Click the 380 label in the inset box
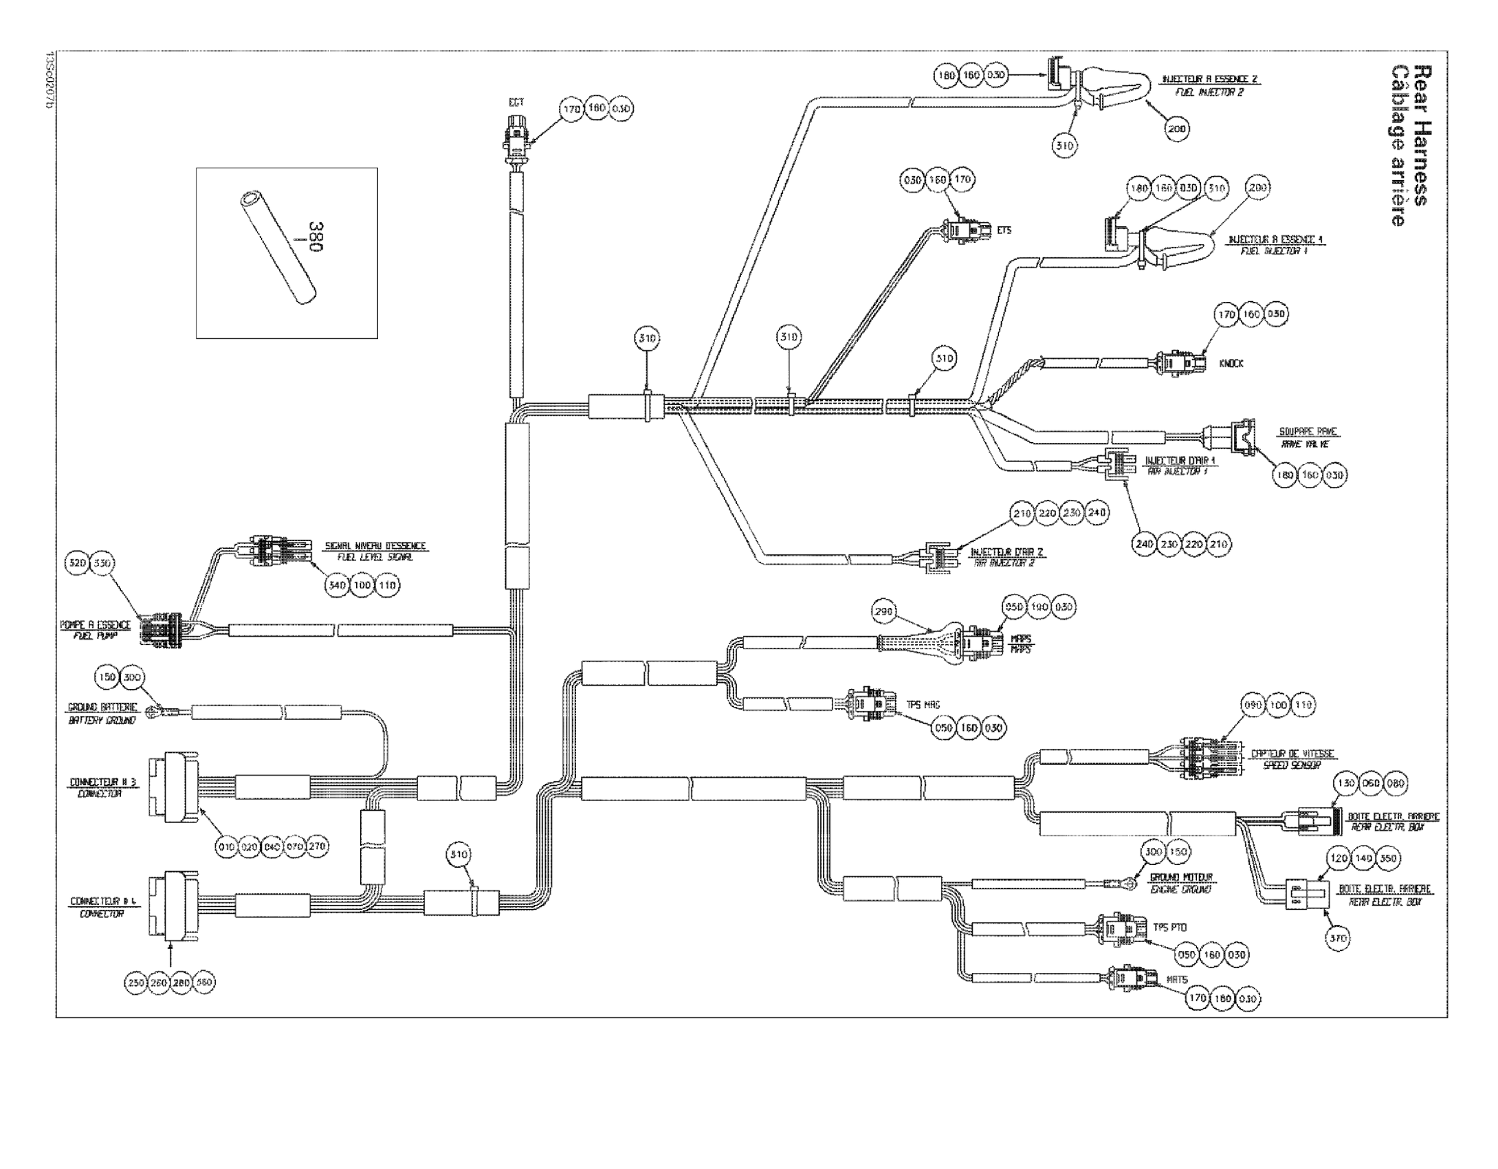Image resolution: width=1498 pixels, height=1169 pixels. (x=316, y=237)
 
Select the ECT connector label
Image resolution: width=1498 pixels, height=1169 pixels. (x=516, y=102)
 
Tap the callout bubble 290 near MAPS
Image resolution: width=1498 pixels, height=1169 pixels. (x=884, y=611)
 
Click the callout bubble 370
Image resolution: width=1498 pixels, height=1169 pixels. (x=1338, y=938)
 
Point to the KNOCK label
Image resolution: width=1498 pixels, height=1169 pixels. (x=1231, y=363)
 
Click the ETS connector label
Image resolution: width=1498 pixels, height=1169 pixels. (x=1004, y=230)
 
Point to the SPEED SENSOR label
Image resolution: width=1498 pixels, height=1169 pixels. (x=1292, y=765)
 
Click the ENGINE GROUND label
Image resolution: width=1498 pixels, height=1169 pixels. (x=1181, y=889)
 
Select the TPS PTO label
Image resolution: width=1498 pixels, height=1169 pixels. (x=1169, y=928)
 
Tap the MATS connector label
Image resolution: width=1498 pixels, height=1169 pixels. (x=1177, y=979)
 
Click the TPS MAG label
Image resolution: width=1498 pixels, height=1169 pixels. (x=923, y=705)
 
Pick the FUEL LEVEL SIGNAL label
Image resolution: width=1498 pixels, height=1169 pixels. (x=375, y=558)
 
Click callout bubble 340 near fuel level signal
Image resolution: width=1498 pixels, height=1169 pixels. (x=336, y=585)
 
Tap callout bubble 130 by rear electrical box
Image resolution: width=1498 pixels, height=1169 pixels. (x=1345, y=783)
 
